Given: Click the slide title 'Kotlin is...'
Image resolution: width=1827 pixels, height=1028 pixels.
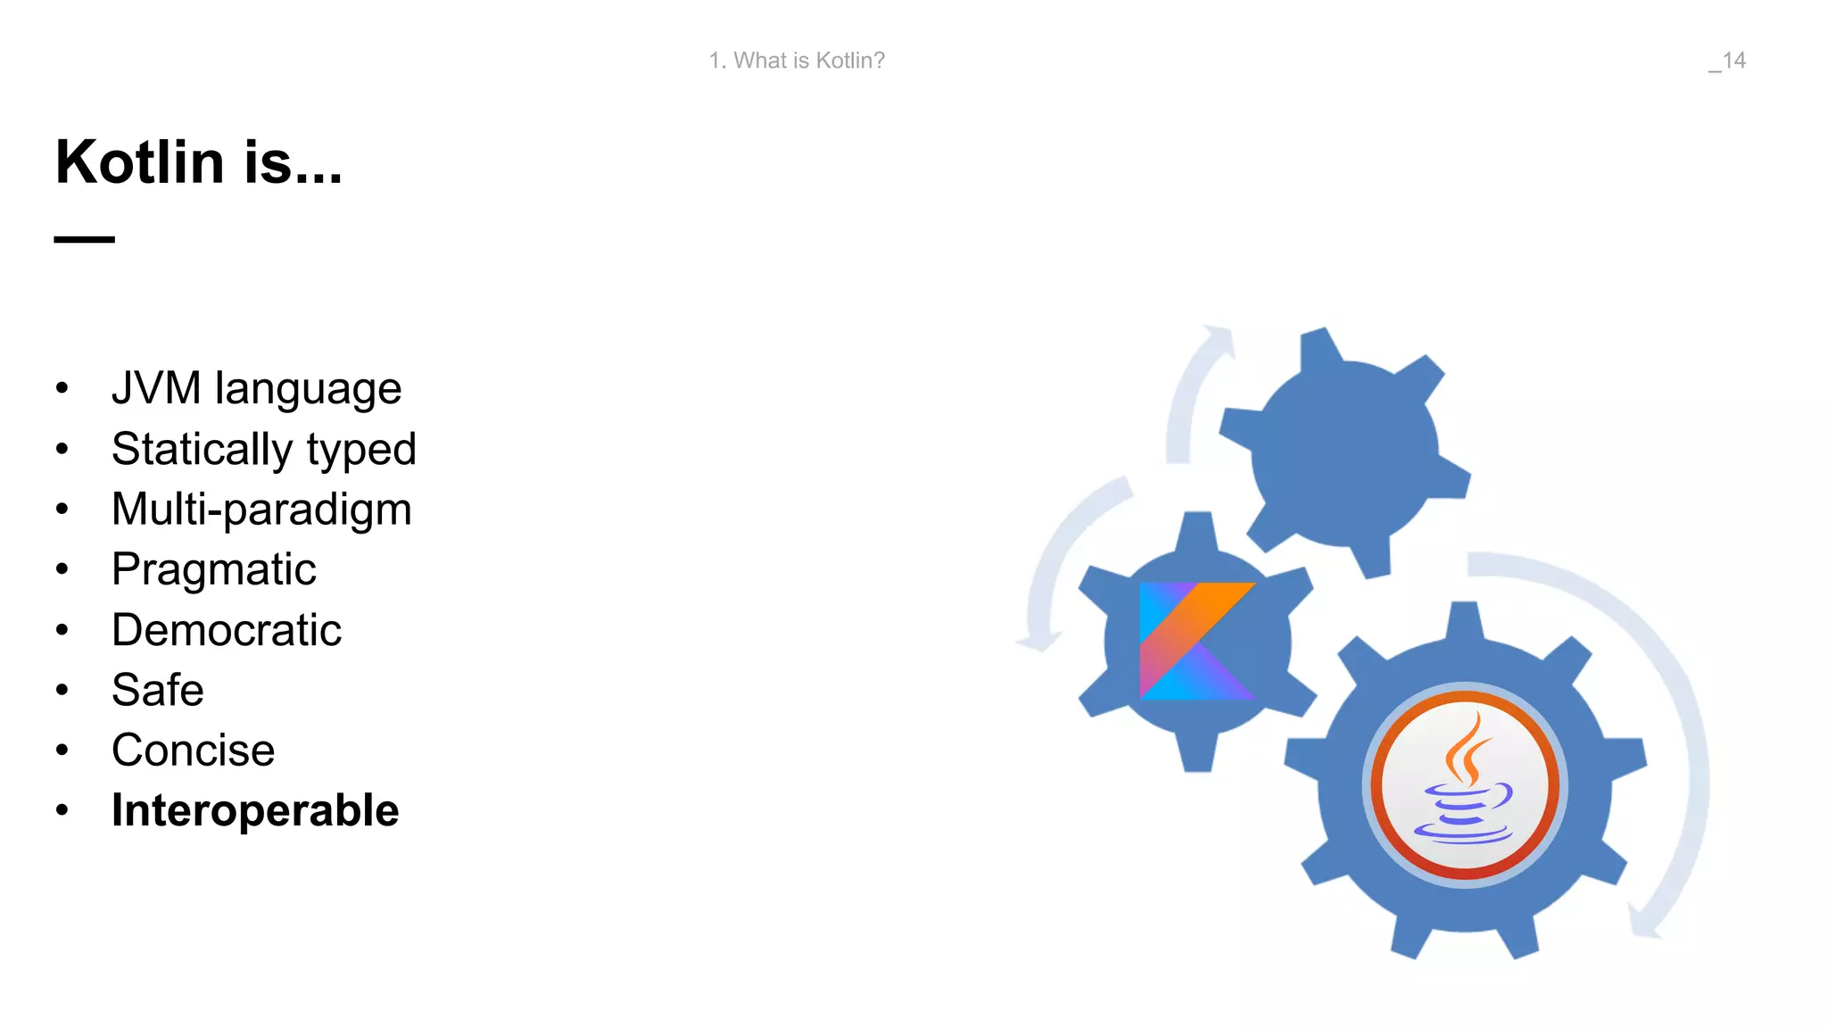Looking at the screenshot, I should [x=199, y=162].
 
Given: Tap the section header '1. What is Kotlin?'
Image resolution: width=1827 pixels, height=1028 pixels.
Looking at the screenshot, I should [x=797, y=61].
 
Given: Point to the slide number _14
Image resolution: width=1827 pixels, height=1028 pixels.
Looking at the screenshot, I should [x=1727, y=61].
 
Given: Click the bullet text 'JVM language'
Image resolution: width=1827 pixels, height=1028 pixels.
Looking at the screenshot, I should [x=256, y=389].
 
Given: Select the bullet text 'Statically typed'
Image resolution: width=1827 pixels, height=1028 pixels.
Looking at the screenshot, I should [x=263, y=449].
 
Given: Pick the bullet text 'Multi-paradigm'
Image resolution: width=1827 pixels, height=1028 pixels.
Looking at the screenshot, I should [x=261, y=510].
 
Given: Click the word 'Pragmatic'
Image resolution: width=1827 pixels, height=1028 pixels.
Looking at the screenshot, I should [x=213, y=569].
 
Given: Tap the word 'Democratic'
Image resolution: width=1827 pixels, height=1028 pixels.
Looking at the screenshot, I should [x=227, y=630].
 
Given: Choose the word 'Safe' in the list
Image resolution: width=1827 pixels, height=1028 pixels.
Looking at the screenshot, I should [x=158, y=690].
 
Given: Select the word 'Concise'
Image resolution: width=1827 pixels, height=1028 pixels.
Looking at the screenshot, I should [x=193, y=750].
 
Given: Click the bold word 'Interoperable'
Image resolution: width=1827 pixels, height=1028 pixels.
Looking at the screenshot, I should [x=255, y=810].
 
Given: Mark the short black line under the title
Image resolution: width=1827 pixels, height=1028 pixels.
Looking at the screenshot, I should [x=85, y=239].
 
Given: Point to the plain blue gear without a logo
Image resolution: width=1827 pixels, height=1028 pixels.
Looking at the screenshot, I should [x=1345, y=451].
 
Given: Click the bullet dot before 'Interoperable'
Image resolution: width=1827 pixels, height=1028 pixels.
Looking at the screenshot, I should [x=62, y=810].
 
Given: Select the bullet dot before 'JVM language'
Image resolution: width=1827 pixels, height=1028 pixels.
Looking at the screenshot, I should [x=62, y=388].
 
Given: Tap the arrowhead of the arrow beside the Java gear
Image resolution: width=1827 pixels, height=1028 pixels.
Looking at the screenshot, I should [x=1643, y=921].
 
